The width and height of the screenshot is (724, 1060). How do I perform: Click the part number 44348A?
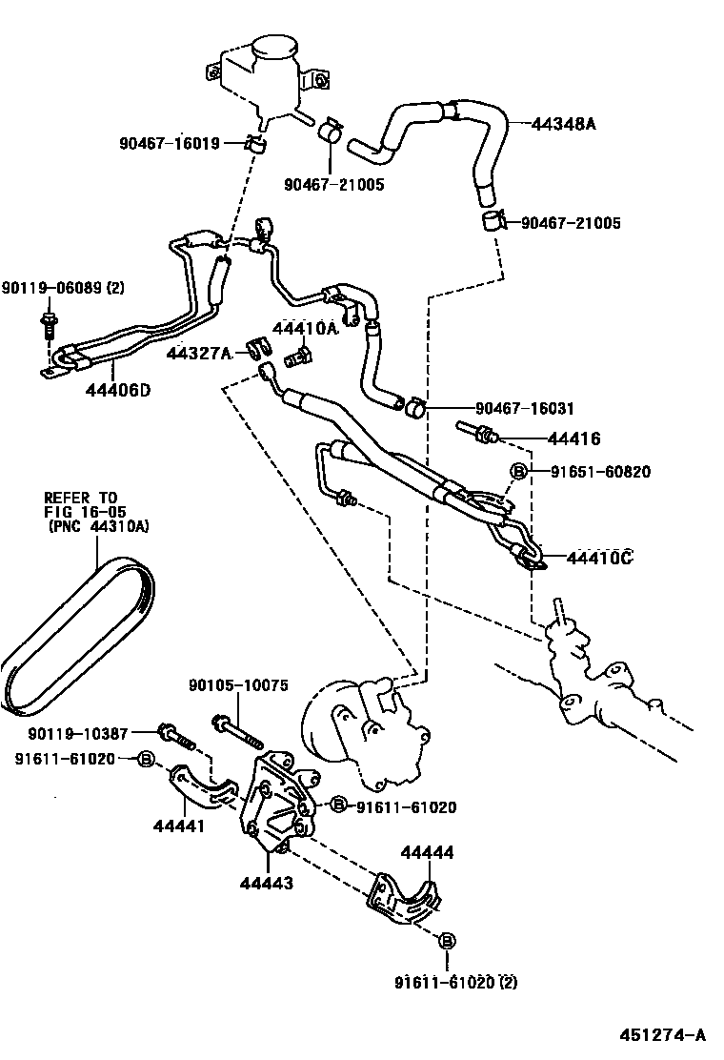pyautogui.click(x=564, y=123)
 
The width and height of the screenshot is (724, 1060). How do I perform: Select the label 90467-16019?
pyautogui.click(x=170, y=144)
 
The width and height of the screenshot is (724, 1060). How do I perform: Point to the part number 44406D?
pyautogui.click(x=117, y=389)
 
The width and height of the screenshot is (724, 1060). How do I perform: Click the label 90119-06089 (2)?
pyautogui.click(x=63, y=288)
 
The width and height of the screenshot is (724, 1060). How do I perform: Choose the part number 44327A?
pyautogui.click(x=198, y=354)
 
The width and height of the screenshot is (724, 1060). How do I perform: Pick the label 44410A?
pyautogui.click(x=305, y=329)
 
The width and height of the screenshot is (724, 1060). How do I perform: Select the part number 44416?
pyautogui.click(x=573, y=439)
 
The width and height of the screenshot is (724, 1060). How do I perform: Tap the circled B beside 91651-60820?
pyautogui.click(x=520, y=472)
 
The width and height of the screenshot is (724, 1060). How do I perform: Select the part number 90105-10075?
pyautogui.click(x=237, y=684)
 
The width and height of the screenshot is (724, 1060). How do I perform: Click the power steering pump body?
pyautogui.click(x=357, y=729)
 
